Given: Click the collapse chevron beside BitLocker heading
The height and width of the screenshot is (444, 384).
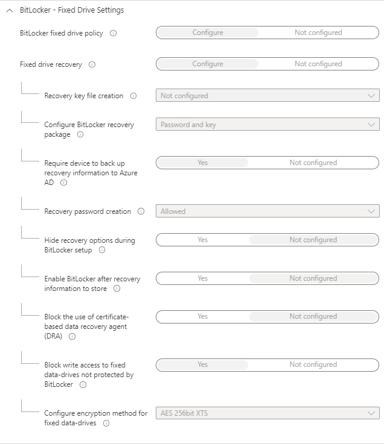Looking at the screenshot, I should pyautogui.click(x=9, y=10).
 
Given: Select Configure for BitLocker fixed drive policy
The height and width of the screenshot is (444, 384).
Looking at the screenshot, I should pyautogui.click(x=208, y=33).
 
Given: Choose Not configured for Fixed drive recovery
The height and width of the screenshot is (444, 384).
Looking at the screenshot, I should pyautogui.click(x=318, y=64).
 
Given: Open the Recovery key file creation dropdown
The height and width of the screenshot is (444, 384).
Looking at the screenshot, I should pyautogui.click(x=267, y=96).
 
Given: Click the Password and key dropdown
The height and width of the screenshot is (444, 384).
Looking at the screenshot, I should pyautogui.click(x=267, y=125).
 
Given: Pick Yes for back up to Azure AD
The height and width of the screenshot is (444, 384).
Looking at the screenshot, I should pyautogui.click(x=203, y=163).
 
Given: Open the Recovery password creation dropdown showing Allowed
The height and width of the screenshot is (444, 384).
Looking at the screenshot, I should pyautogui.click(x=267, y=211).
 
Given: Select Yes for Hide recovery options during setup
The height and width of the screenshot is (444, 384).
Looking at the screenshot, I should pyautogui.click(x=203, y=240).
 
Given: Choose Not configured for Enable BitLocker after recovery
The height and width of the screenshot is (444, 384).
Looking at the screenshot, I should pyautogui.click(x=313, y=278).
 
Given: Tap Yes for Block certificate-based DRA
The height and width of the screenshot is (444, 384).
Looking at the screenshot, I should pyautogui.click(x=203, y=316).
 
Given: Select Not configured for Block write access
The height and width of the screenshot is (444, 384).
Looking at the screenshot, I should pyautogui.click(x=313, y=364).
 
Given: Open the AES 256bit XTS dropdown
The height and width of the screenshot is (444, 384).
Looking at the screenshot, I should pyautogui.click(x=267, y=413).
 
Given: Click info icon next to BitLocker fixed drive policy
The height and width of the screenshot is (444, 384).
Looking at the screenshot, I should pyautogui.click(x=114, y=33).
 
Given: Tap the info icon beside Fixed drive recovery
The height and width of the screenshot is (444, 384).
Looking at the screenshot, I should pyautogui.click(x=92, y=64).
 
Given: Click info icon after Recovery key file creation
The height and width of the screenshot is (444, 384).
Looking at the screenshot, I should pyautogui.click(x=133, y=96).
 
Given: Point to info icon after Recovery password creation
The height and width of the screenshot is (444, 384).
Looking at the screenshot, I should pyautogui.click(x=141, y=211).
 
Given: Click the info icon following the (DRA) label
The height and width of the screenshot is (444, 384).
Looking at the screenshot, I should pyautogui.click(x=72, y=337).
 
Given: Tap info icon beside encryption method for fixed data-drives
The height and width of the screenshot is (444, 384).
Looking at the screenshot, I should pyautogui.click(x=106, y=424).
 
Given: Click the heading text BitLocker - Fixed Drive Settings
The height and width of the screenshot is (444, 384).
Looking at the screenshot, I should pyautogui.click(x=72, y=10).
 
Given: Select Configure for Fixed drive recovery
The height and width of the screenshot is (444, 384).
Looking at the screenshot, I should pyautogui.click(x=208, y=64).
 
